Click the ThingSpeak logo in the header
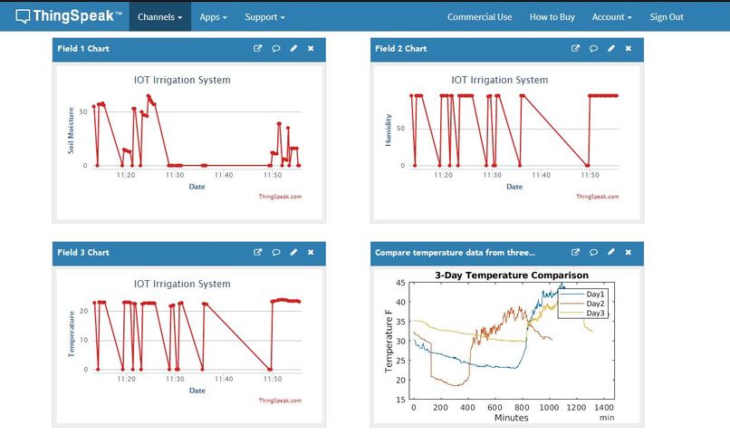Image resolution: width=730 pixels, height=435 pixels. tap(68, 16)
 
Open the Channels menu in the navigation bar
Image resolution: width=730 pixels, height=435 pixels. tap(159, 16)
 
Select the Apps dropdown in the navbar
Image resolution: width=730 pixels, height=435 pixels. tap(213, 16)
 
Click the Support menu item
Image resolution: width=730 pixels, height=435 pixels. tap(264, 16)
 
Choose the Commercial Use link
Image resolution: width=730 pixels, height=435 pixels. tap(479, 16)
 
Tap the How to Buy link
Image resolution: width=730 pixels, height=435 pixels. tap(552, 16)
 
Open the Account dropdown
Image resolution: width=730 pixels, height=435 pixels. tap(611, 16)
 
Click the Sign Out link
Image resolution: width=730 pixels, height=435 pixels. tap(667, 16)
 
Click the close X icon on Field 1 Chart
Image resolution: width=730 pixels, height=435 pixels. tap(311, 49)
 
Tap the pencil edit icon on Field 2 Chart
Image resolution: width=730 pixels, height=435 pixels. tap(610, 49)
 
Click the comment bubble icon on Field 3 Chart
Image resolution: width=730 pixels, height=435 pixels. tap(275, 253)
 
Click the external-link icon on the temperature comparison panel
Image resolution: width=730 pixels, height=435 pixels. tap(575, 253)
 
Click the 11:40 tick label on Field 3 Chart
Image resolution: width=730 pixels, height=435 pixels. tap(223, 380)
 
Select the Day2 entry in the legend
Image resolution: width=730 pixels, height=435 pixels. tap(594, 304)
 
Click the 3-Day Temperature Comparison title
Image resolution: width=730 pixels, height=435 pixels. tap(511, 275)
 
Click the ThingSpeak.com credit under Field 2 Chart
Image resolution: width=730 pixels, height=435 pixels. tap(598, 196)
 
